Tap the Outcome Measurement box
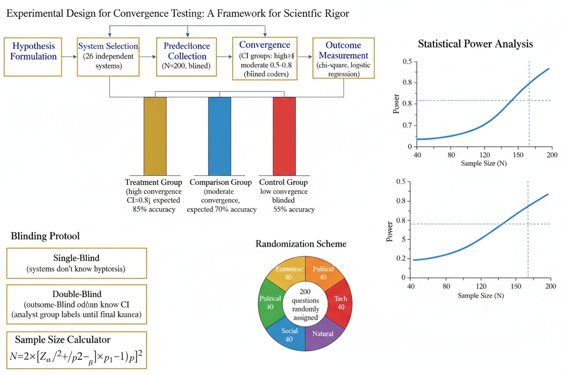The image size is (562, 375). click(343, 58)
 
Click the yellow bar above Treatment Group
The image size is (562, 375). click(155, 136)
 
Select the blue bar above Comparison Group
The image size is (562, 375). click(219, 136)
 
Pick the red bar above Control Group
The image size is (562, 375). click(284, 136)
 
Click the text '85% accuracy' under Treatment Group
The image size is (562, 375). click(153, 209)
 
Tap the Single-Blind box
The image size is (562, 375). click(77, 261)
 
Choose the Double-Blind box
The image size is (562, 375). click(77, 304)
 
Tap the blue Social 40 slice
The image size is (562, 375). click(289, 334)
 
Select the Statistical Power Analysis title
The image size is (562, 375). click(475, 44)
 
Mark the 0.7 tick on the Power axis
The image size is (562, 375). click(407, 125)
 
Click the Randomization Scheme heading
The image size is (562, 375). click(300, 244)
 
